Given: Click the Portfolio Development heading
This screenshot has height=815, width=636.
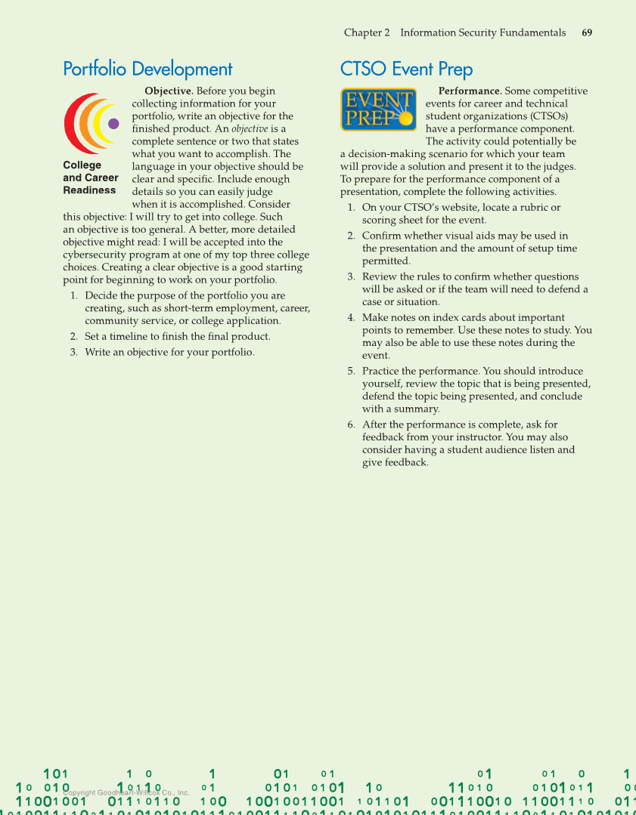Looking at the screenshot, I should tap(147, 69).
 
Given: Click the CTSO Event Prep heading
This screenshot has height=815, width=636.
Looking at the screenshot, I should tap(406, 69).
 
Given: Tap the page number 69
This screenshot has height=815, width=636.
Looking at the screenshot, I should tap(587, 32).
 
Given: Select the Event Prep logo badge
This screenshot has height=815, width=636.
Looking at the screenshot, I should tap(378, 110).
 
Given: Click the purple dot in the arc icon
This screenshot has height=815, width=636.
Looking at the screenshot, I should tap(113, 124).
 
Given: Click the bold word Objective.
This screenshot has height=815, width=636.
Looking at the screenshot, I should tap(169, 91).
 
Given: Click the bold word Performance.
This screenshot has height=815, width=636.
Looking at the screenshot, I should tap(470, 91).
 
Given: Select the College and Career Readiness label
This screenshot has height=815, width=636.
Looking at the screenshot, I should tap(90, 178).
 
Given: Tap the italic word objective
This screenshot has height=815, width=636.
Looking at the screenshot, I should tap(250, 129).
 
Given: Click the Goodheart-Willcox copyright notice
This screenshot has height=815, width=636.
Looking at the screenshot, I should tap(126, 793).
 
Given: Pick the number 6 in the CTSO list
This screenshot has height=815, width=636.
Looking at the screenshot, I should tap(351, 424).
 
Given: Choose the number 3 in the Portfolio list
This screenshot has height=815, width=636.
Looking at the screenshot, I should tap(73, 352).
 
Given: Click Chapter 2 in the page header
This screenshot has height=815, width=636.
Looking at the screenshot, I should tap(367, 32).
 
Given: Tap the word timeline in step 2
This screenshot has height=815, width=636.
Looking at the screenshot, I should tap(130, 337).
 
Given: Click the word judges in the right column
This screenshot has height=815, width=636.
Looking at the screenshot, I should tap(557, 167).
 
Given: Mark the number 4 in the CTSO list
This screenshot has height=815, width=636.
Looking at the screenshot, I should tap(351, 318).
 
